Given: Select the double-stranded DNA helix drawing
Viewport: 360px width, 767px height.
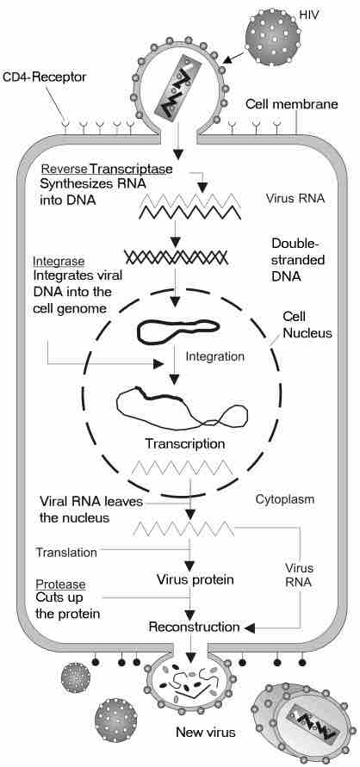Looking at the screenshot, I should point(177,257).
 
